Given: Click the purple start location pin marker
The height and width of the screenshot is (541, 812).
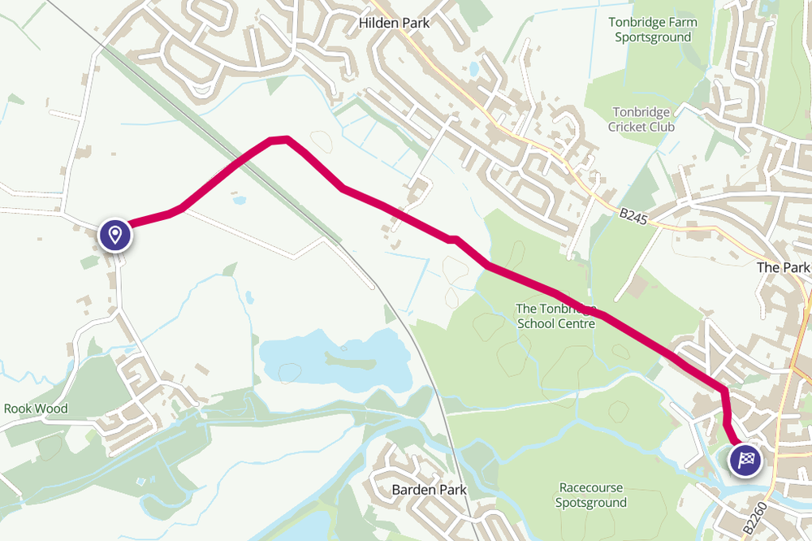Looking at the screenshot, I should pyautogui.click(x=115, y=235).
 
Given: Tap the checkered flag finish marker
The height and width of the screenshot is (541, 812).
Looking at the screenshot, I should pyautogui.click(x=745, y=461).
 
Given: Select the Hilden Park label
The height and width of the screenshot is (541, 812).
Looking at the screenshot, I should pyautogui.click(x=394, y=24).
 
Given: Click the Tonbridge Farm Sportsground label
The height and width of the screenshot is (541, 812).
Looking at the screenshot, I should pyautogui.click(x=653, y=30).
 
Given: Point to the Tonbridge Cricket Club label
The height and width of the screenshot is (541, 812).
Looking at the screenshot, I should pyautogui.click(x=641, y=119).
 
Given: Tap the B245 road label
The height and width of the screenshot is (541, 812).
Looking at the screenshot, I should pyautogui.click(x=634, y=217).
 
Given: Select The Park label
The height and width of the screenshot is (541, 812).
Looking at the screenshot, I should pyautogui.click(x=783, y=267).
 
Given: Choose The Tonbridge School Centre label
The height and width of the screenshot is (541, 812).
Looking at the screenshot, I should pyautogui.click(x=556, y=316).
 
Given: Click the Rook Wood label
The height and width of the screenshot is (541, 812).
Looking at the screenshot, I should pyautogui.click(x=36, y=409).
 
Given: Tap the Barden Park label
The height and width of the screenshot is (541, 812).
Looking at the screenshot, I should pyautogui.click(x=429, y=490).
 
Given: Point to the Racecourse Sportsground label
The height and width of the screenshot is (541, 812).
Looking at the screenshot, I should pyautogui.click(x=591, y=496).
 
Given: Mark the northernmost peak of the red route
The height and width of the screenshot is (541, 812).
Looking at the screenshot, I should pyautogui.click(x=279, y=140).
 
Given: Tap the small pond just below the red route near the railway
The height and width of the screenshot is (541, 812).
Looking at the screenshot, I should pyautogui.click(x=239, y=199).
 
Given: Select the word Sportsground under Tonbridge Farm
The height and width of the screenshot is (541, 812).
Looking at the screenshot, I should pyautogui.click(x=653, y=37).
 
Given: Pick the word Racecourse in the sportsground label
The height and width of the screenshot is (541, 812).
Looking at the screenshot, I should pyautogui.click(x=591, y=488).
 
